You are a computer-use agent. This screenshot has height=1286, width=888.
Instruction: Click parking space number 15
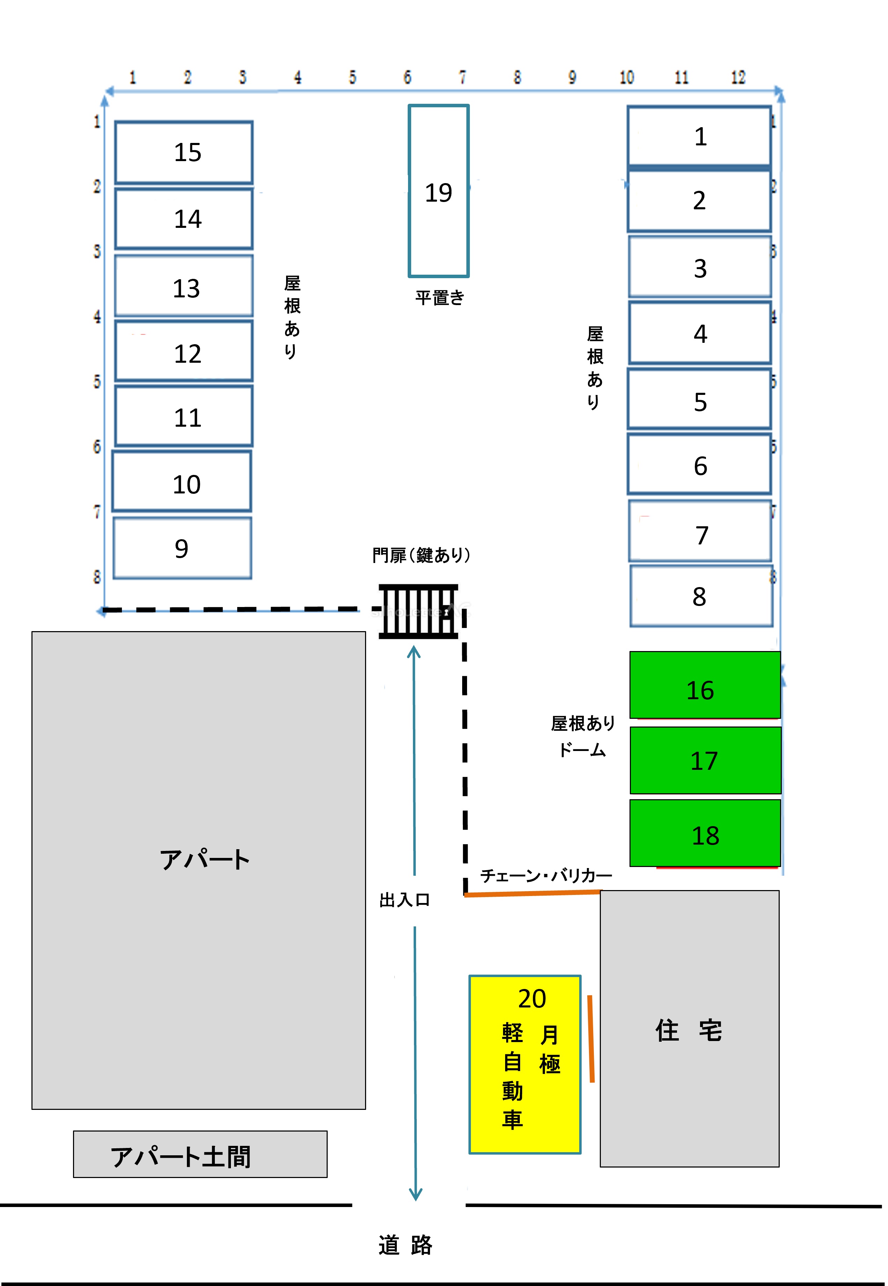tap(184, 152)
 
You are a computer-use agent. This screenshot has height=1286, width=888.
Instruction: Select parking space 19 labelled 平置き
tap(438, 191)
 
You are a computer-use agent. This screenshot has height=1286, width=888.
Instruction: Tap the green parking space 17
tap(705, 760)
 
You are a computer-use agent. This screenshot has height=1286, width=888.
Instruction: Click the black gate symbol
tap(418, 611)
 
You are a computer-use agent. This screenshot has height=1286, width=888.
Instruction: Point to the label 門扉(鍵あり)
tap(421, 555)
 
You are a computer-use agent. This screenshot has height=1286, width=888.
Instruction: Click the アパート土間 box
tap(200, 1154)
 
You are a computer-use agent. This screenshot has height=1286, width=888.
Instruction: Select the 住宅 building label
tap(689, 1030)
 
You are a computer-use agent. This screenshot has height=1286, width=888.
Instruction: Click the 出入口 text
tap(405, 900)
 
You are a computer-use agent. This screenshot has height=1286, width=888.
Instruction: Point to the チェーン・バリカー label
tap(546, 876)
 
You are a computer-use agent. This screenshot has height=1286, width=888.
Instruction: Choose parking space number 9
tap(182, 548)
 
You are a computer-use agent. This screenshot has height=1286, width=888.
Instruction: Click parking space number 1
tap(699, 136)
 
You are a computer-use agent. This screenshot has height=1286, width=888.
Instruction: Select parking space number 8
tap(701, 596)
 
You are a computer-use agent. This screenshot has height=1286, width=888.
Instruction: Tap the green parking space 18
tap(705, 833)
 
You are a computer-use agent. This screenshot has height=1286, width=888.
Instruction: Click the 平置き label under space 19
tap(439, 298)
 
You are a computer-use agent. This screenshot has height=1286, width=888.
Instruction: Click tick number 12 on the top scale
tap(738, 77)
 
